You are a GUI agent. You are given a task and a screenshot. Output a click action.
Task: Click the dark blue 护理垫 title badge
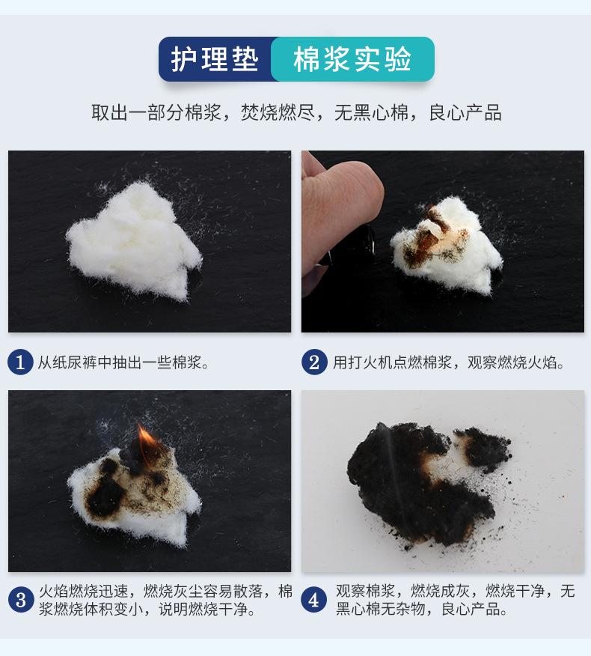tap(215, 59)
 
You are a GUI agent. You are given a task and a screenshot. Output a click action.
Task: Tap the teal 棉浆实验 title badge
tap(352, 59)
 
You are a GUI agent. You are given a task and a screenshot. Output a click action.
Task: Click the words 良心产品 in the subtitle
tap(465, 112)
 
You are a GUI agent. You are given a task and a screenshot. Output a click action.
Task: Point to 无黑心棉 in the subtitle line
tap(371, 112)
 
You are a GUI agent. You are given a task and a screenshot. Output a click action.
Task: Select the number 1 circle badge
tap(20, 362)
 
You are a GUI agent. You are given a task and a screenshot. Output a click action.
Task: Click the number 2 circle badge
tap(314, 362)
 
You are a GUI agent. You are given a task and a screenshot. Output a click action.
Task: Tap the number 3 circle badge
tap(21, 600)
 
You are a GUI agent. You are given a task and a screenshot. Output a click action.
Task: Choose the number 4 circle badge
tap(314, 600)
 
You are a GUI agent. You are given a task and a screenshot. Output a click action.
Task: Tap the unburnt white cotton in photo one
tap(134, 240)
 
